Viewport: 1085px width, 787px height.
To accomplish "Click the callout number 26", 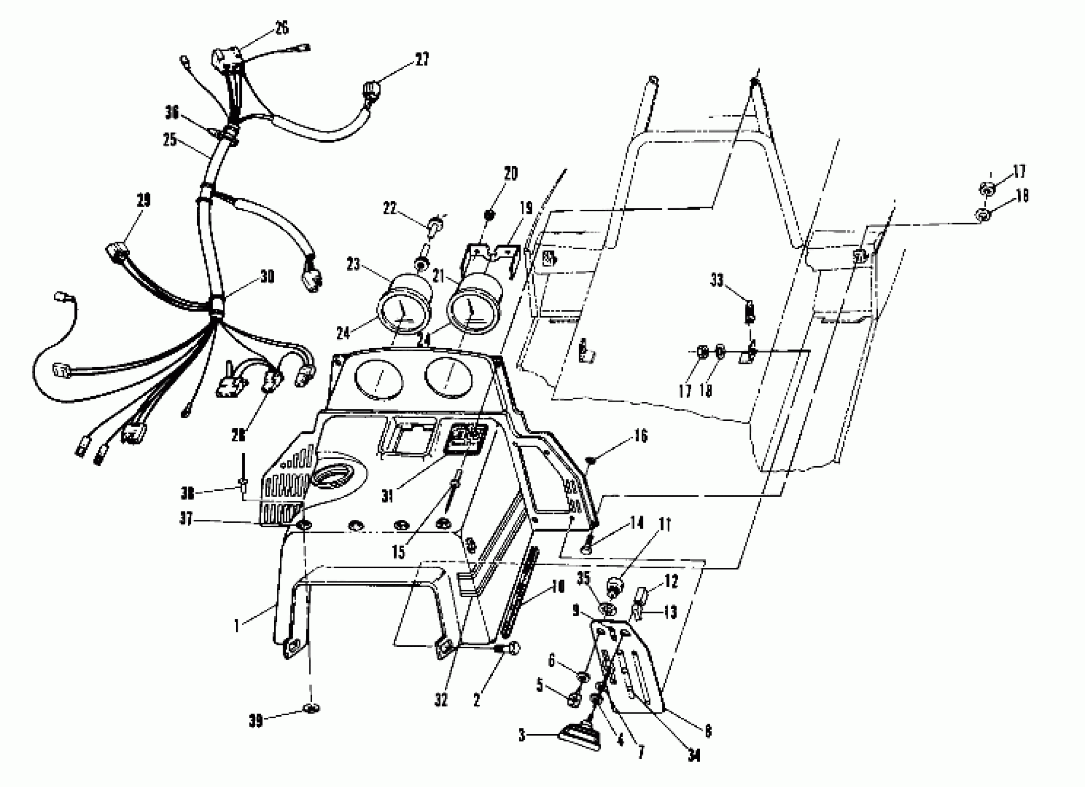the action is pos(282,28).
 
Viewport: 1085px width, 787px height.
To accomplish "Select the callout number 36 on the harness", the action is pos(172,113).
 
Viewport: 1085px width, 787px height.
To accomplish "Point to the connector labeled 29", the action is pos(116,252).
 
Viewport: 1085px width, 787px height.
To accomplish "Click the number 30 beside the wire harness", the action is pos(267,277).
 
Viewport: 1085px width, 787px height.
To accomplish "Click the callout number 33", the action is pos(717,281).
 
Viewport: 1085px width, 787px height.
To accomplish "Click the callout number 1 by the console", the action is pos(236,626).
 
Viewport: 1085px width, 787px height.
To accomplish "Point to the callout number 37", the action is pos(186,519).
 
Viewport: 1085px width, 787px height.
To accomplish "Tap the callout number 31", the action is pos(387,497).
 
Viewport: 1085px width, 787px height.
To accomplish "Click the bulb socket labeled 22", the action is pos(434,223).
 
